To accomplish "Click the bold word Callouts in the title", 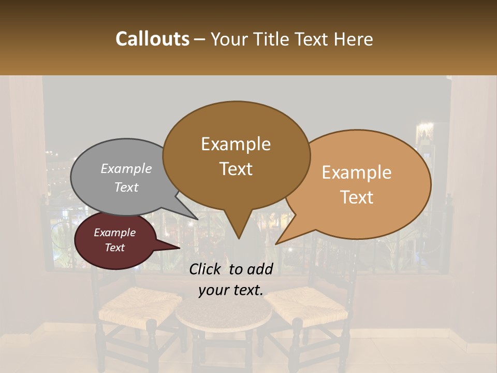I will point(152,39).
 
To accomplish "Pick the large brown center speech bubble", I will point(236,155).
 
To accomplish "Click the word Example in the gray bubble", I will point(126,169).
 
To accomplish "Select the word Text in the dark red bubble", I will point(115,248).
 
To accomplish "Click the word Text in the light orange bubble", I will point(357,197).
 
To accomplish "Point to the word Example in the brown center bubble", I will point(236,144).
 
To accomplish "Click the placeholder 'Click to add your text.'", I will point(231,280).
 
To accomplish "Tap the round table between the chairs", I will point(224,313).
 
